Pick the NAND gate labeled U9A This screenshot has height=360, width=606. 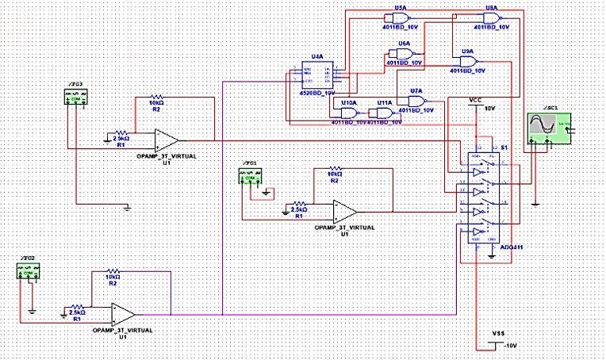click(467, 63)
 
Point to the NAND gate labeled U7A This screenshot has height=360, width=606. click(416, 101)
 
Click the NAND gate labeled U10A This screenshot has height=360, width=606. click(346, 113)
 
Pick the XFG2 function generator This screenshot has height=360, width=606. click(27, 272)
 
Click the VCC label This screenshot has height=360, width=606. click(475, 101)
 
